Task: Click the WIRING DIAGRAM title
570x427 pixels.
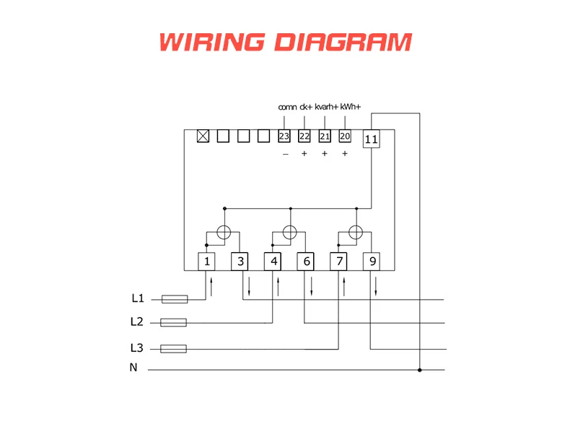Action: pyautogui.click(x=285, y=41)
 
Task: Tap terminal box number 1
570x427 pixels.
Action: pyautogui.click(x=207, y=261)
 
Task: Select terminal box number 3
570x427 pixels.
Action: pyautogui.click(x=240, y=261)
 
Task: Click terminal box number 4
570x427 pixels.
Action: pyautogui.click(x=273, y=261)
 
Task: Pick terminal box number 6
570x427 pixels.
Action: pyautogui.click(x=306, y=261)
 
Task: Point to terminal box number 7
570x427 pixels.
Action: pyautogui.click(x=338, y=261)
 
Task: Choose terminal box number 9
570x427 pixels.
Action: pyautogui.click(x=372, y=261)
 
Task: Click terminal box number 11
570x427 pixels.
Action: pyautogui.click(x=371, y=139)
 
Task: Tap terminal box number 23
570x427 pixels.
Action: pyautogui.click(x=284, y=136)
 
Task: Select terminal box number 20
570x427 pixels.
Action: pyautogui.click(x=344, y=136)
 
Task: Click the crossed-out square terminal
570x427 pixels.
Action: pyautogui.click(x=203, y=136)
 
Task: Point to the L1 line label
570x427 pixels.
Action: pyautogui.click(x=138, y=298)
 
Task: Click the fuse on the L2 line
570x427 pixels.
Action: pyautogui.click(x=173, y=322)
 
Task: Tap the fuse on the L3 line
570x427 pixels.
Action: pyautogui.click(x=173, y=348)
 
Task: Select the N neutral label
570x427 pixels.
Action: pyautogui.click(x=133, y=368)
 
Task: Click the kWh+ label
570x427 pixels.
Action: pyautogui.click(x=350, y=107)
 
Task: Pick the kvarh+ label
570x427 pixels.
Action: pyautogui.click(x=327, y=107)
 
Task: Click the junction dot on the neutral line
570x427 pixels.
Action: pyautogui.click(x=419, y=370)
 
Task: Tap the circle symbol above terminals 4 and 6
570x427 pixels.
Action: pyautogui.click(x=290, y=233)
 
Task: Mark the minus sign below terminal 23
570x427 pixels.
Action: pyautogui.click(x=285, y=154)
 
